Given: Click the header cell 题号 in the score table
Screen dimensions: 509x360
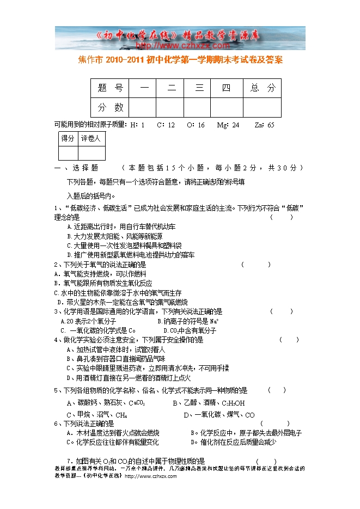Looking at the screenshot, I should point(111,88).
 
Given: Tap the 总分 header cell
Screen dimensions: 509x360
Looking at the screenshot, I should point(263,88).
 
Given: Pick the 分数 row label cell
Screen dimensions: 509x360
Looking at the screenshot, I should point(111,107).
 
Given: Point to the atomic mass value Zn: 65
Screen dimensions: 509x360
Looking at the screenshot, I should point(264,125).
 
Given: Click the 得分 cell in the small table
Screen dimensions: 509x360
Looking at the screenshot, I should point(68,139).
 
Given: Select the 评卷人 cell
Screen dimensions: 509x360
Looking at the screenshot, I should point(90,139).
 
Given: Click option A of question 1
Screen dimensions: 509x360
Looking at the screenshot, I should point(121,226).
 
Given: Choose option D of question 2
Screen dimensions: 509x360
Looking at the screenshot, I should point(123,302).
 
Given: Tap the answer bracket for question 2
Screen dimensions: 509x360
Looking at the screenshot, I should point(255,265).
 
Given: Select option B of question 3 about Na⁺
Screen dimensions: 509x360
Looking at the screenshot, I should point(188,321).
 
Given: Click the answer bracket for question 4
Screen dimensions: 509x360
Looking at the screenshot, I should point(289,340).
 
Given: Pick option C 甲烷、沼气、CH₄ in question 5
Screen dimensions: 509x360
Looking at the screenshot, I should point(97,415).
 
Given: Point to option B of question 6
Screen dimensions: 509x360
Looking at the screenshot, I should point(246,433).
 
